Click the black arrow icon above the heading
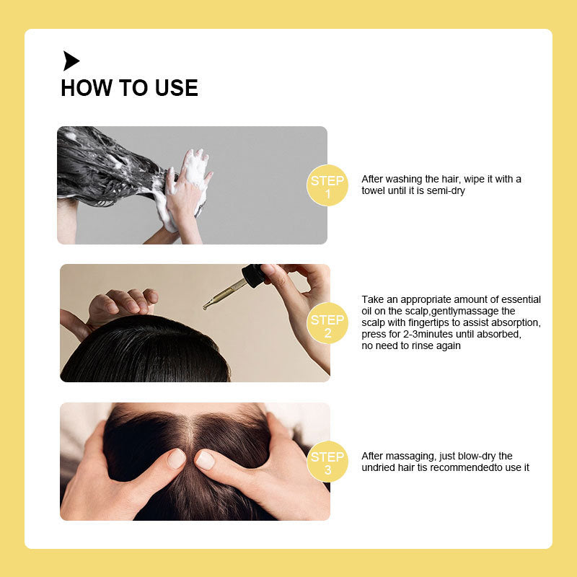click(x=70, y=61)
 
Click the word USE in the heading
click(x=176, y=88)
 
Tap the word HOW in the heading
click(x=87, y=88)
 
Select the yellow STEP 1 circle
click(x=327, y=185)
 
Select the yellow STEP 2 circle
click(x=327, y=323)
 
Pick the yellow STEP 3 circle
click(x=327, y=462)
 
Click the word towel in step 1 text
click(x=373, y=190)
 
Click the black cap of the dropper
click(x=253, y=276)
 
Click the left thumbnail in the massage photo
click(x=176, y=458)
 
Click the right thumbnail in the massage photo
click(x=205, y=460)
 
